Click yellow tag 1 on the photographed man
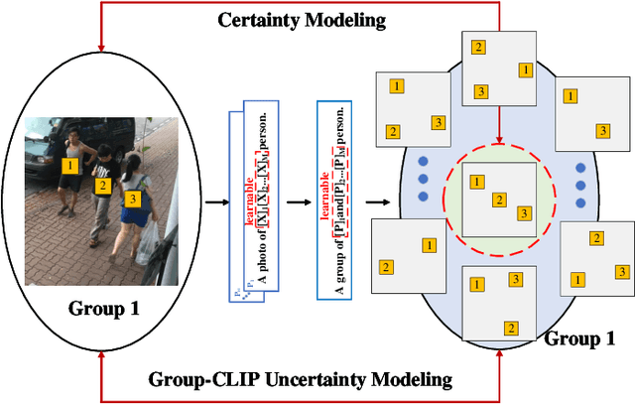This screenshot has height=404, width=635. coord(69,165)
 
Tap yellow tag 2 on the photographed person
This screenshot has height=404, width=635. coord(101,185)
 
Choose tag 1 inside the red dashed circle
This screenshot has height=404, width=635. coord(476,182)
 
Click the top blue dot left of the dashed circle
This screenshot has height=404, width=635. coord(422,161)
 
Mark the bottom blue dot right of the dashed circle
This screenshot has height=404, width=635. coord(581,196)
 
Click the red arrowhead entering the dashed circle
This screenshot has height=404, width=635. coord(499,140)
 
